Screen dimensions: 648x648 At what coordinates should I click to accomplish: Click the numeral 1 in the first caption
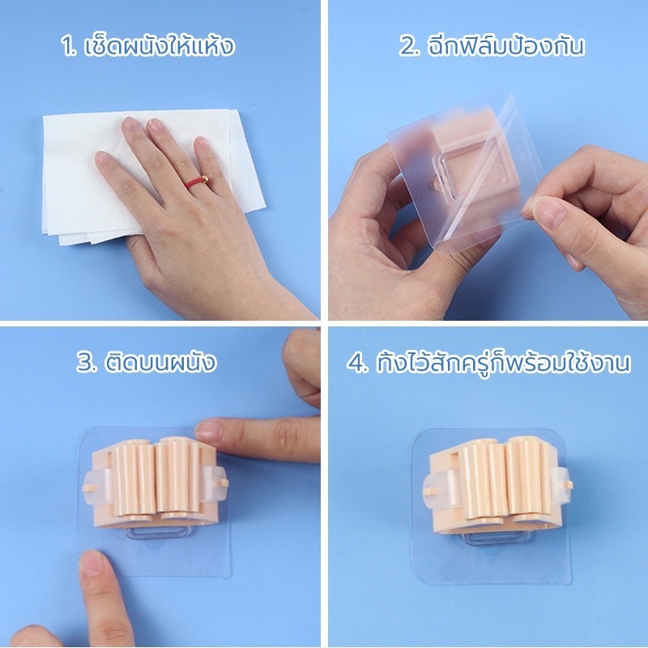pos(68,46)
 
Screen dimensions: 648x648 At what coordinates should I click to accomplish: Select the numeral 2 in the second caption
pos(409,46)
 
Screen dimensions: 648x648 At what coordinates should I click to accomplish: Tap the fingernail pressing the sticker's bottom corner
pos(92,562)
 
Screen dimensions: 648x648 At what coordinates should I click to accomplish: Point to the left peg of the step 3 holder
pos(90,488)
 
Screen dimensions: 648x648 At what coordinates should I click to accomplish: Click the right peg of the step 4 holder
pos(569,484)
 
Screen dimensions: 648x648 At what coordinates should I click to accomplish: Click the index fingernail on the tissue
pos(131,124)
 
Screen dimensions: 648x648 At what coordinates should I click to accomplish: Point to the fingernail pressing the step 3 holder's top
pos(208,430)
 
